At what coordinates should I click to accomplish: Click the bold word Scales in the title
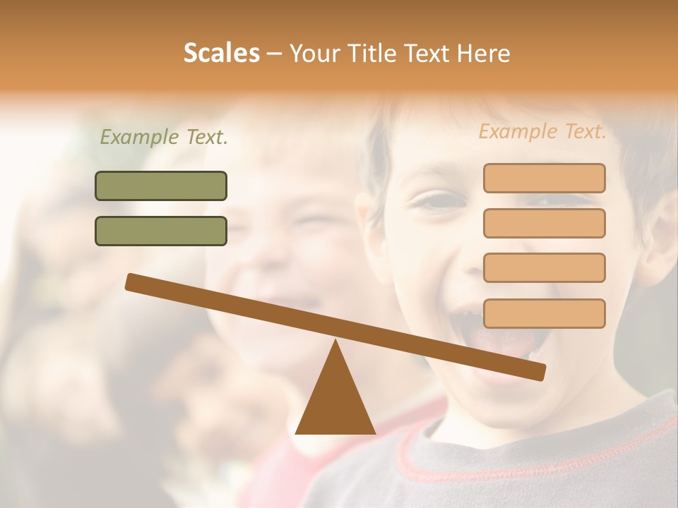pyautogui.click(x=222, y=53)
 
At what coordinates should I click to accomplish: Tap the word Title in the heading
pyautogui.click(x=374, y=54)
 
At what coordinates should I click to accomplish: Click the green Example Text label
pyautogui.click(x=164, y=137)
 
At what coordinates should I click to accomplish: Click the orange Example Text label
pyautogui.click(x=542, y=131)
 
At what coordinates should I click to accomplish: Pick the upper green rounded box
pyautogui.click(x=161, y=186)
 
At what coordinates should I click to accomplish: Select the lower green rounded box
pyautogui.click(x=161, y=231)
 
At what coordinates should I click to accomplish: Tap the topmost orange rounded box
pyautogui.click(x=544, y=178)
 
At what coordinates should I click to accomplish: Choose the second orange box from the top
pyautogui.click(x=544, y=223)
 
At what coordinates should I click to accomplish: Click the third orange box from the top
pyautogui.click(x=544, y=268)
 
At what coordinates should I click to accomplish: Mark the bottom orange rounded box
pyautogui.click(x=544, y=313)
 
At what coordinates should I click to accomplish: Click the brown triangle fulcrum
pyautogui.click(x=335, y=402)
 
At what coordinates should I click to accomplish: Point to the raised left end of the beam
pyautogui.click(x=132, y=282)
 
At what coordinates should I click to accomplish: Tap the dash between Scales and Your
pyautogui.click(x=275, y=54)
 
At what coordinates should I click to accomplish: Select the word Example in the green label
pyautogui.click(x=138, y=137)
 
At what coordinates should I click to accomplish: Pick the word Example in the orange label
pyautogui.click(x=517, y=131)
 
